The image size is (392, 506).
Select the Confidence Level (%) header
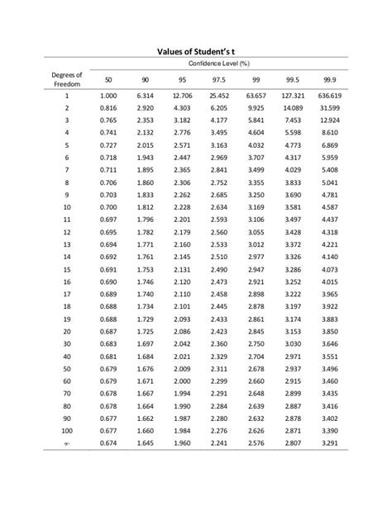218,64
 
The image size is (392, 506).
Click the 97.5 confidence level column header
218,79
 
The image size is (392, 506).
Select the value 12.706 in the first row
181,96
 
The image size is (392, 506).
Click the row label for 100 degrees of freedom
65,430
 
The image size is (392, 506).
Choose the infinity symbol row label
65,443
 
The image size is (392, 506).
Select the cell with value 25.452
218,96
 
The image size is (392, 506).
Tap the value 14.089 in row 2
293,108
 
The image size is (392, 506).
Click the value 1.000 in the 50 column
108,96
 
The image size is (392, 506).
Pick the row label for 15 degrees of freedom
65,269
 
